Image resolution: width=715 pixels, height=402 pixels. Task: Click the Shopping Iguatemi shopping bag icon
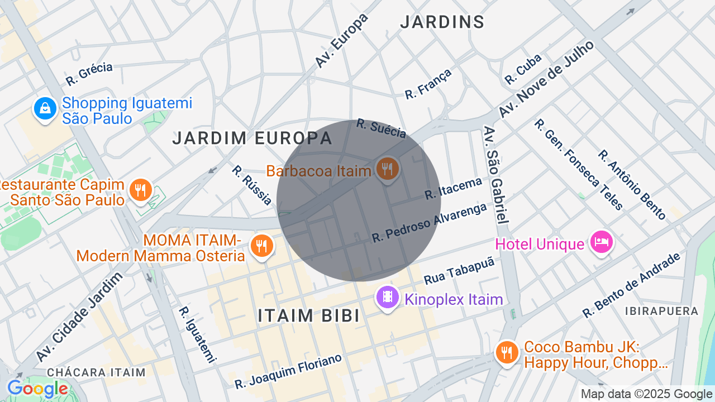point(45,108)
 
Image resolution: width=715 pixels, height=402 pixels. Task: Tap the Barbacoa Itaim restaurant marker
point(387,168)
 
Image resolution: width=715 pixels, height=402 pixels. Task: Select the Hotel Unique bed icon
point(601,242)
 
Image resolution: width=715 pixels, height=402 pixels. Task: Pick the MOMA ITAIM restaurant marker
point(260,246)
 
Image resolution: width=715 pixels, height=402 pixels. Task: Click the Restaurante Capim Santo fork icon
point(140,190)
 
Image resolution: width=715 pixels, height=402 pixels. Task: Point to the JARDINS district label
point(442,22)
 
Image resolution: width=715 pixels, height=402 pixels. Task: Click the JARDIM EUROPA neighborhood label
point(252,138)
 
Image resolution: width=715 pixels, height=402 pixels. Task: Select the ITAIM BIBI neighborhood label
point(309,315)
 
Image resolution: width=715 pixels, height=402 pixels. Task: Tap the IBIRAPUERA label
point(661,311)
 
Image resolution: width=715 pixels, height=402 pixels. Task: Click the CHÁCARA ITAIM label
point(96,372)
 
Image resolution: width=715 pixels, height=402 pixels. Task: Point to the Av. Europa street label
point(342,41)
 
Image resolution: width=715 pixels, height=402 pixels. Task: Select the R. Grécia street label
point(89,74)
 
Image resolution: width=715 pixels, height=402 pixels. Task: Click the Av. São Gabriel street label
point(495,175)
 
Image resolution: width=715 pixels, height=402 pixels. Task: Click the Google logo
point(37,389)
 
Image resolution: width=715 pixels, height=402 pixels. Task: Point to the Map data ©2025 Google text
point(646,394)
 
